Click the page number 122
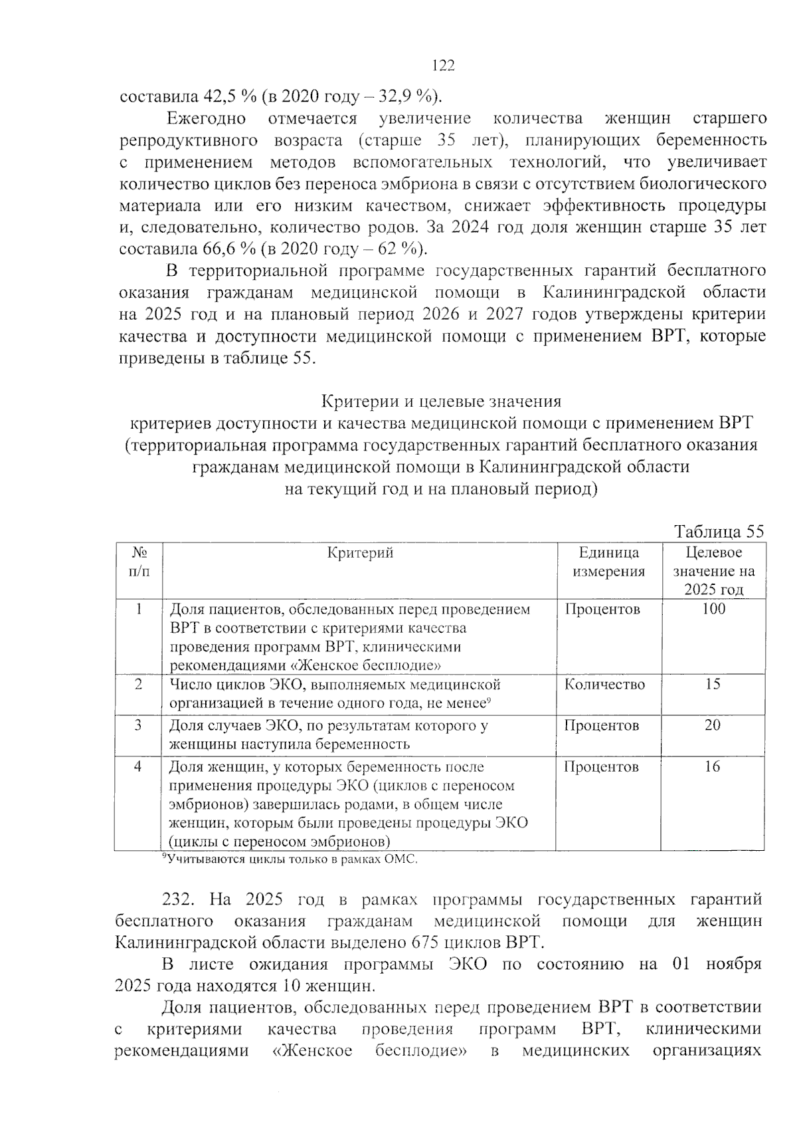443,65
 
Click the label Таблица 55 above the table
719,531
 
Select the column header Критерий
360,553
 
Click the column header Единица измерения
608,562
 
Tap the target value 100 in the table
714,609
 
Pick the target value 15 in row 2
713,684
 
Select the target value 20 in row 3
713,725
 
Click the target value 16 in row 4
712,766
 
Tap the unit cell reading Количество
604,684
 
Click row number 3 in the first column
138,725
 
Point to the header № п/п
138,562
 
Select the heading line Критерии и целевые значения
442,401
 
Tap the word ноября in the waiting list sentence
733,964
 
